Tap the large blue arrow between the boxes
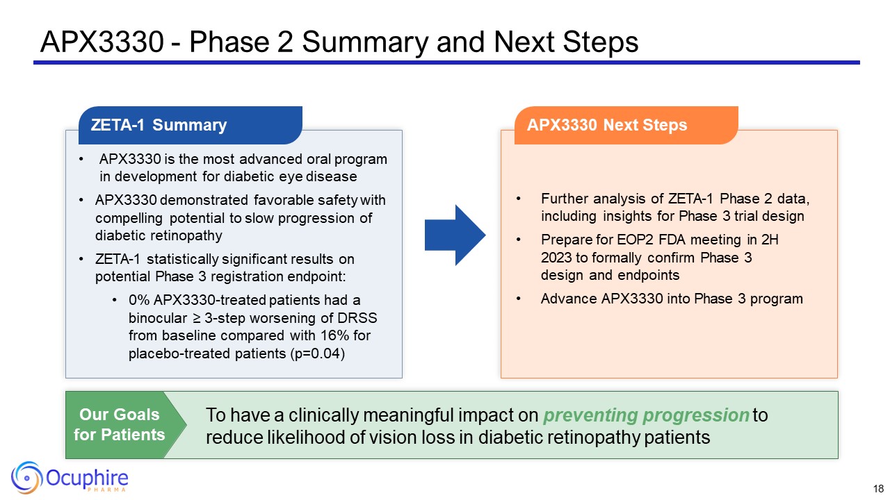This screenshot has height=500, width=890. (x=455, y=235)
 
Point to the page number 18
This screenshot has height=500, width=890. (x=878, y=488)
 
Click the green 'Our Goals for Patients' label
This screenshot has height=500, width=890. (x=119, y=424)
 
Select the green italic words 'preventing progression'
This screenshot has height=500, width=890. (x=645, y=416)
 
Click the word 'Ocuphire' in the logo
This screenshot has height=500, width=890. (x=88, y=477)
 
